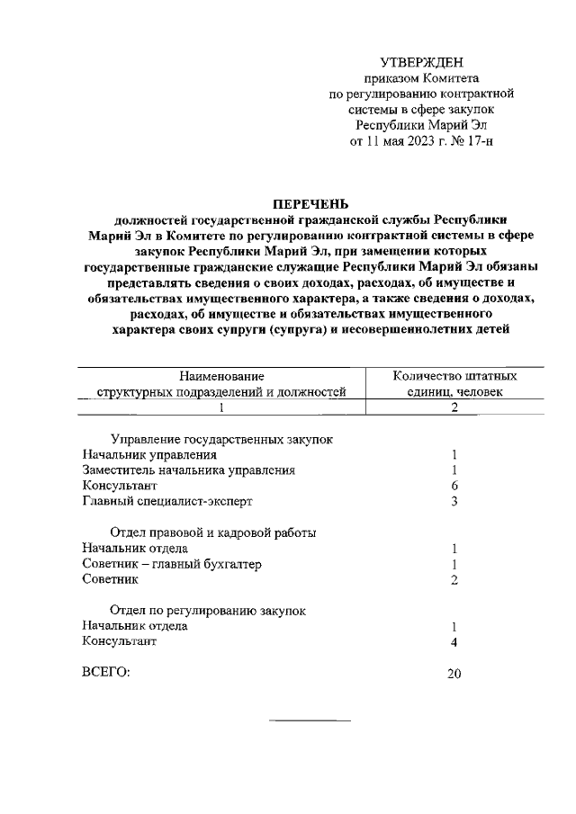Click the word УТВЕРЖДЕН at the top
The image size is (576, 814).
pyautogui.click(x=421, y=62)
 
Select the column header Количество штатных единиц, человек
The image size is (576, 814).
pyautogui.click(x=454, y=384)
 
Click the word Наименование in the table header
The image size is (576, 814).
pyautogui.click(x=221, y=376)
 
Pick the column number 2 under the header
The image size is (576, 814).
pyautogui.click(x=454, y=407)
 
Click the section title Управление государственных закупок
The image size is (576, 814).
pyautogui.click(x=221, y=439)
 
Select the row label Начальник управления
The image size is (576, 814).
pyautogui.click(x=136, y=455)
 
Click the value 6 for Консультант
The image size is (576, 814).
pyautogui.click(x=454, y=486)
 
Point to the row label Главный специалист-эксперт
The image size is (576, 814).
pyautogui.click(x=167, y=501)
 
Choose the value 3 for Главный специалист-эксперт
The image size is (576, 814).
pyautogui.click(x=454, y=501)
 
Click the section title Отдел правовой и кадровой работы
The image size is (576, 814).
pyautogui.click(x=212, y=532)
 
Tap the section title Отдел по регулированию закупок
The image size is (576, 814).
pyautogui.click(x=208, y=611)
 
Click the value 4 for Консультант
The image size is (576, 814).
pyautogui.click(x=454, y=642)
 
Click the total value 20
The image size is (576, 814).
pyautogui.click(x=454, y=675)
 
